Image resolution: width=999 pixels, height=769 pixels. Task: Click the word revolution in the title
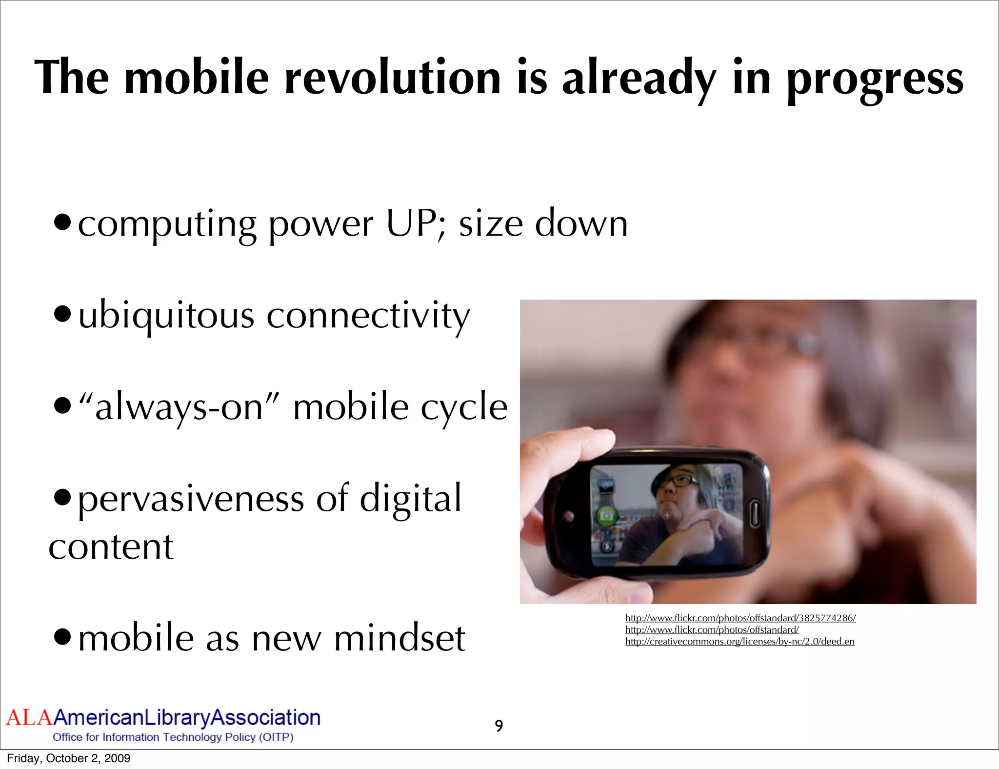pyautogui.click(x=393, y=78)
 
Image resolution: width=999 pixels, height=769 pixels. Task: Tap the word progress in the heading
pyautogui.click(x=875, y=81)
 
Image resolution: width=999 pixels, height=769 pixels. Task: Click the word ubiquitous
pyautogui.click(x=166, y=316)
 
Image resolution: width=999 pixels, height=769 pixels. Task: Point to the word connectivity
pyautogui.click(x=368, y=316)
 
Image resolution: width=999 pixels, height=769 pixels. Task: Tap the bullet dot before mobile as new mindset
pyautogui.click(x=62, y=637)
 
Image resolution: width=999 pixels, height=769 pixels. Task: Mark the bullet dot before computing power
pyautogui.click(x=62, y=223)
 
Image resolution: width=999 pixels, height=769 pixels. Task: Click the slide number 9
pyautogui.click(x=499, y=726)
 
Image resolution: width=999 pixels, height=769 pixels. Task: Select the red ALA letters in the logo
pyautogui.click(x=29, y=718)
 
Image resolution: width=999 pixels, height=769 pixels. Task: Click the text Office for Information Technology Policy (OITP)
pyautogui.click(x=173, y=737)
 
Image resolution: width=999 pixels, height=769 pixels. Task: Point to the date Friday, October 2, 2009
pyautogui.click(x=69, y=758)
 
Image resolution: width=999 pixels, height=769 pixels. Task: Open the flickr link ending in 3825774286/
pyautogui.click(x=740, y=618)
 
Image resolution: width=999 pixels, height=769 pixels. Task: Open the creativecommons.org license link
pyautogui.click(x=739, y=642)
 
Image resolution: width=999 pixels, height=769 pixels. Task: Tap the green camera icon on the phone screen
pyautogui.click(x=606, y=516)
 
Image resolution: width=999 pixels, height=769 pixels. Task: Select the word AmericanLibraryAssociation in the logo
pyautogui.click(x=187, y=718)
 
